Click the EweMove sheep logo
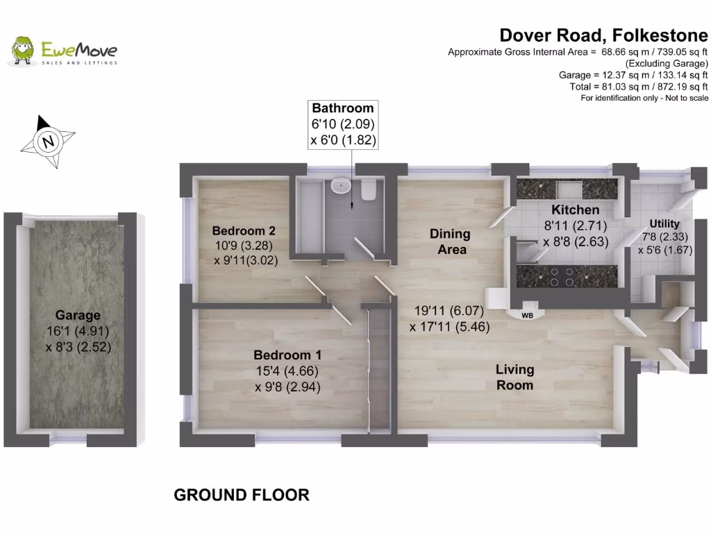pos(23,50)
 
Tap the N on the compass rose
pos(48,142)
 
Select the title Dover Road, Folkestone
pos(603,35)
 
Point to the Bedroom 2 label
pos(239,230)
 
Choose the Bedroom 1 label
pos(287,355)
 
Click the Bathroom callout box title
pos(342,108)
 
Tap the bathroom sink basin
pos(341,185)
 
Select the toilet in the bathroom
pos(369,189)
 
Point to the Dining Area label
pos(449,241)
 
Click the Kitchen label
pos(574,210)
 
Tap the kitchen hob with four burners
pos(561,277)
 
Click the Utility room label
pos(664,223)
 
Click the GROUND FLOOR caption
pos(241,495)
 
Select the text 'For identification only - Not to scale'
pos(644,98)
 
